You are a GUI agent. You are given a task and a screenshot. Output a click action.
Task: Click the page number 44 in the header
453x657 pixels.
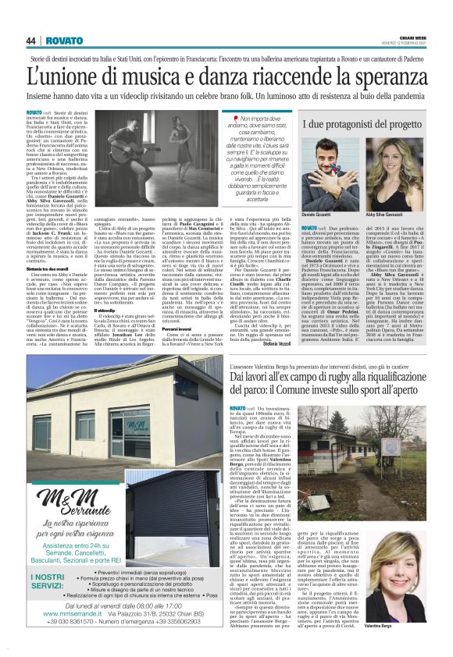(31, 41)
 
